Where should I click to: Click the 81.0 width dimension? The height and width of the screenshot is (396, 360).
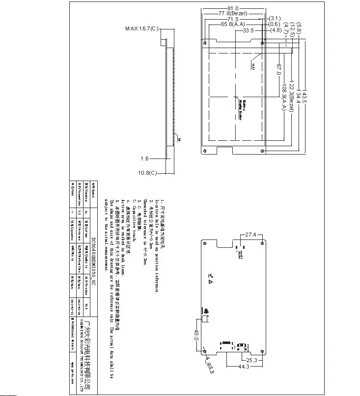pyautogui.click(x=233, y=8)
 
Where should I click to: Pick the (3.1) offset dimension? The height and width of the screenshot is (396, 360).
pyautogui.click(x=275, y=19)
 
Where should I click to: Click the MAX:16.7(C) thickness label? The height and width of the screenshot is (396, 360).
pyautogui.click(x=142, y=29)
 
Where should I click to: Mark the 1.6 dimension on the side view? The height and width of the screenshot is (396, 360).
pyautogui.click(x=144, y=158)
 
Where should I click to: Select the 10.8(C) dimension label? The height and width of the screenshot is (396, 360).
pyautogui.click(x=147, y=173)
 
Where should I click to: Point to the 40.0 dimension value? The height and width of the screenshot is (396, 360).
pyautogui.click(x=196, y=336)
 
